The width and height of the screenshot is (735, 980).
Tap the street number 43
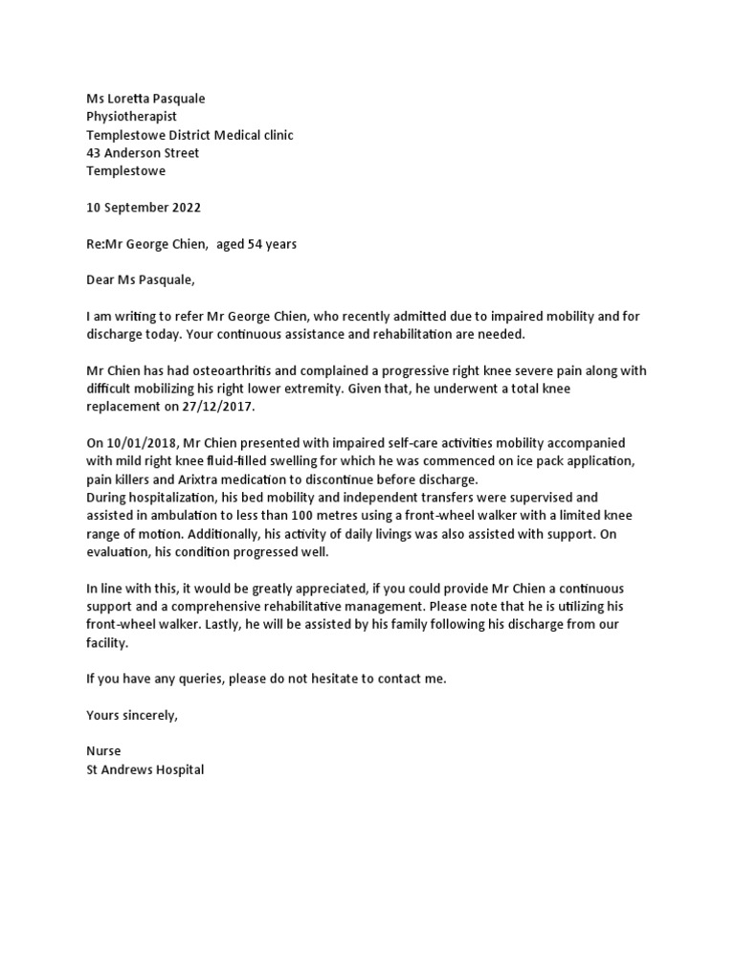pos(94,153)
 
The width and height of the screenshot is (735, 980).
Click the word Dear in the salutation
pos(101,280)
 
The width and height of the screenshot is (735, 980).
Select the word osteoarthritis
pos(212,370)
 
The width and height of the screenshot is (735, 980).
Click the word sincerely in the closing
pos(149,715)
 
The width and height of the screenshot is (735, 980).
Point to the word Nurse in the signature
pos(103,751)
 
